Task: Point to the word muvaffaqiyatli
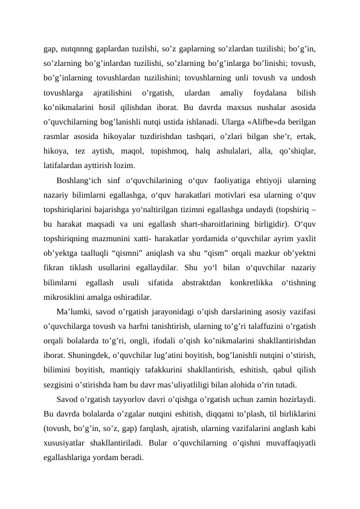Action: pyautogui.click(x=295, y=444)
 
